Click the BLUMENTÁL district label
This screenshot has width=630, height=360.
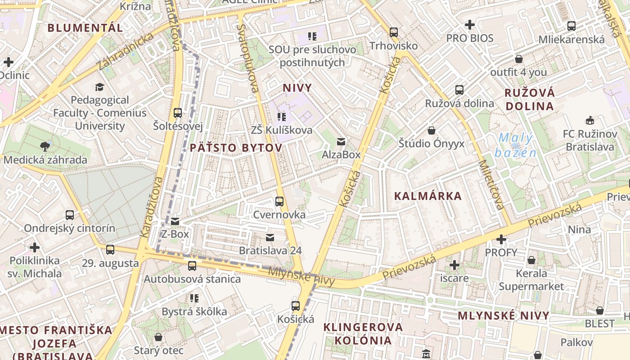[x=85, y=28]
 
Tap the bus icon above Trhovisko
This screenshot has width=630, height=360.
[x=394, y=32]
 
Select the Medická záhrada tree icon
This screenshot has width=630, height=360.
[x=45, y=146]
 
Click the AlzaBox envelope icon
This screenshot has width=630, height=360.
[x=341, y=142]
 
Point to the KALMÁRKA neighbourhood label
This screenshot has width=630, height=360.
[x=428, y=196]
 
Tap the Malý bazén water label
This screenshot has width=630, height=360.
[x=516, y=145]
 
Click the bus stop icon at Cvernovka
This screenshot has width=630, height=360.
[x=279, y=202]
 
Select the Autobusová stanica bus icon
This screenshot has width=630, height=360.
[x=192, y=266]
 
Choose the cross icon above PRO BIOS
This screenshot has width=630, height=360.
[x=470, y=24]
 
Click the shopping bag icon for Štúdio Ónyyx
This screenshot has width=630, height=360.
[x=432, y=130]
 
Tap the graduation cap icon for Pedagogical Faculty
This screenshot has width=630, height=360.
[x=99, y=87]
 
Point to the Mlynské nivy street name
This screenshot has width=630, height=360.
[x=301, y=276]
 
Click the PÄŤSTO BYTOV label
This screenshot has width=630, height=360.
[x=236, y=148]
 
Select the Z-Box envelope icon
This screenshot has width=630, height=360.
[x=175, y=221]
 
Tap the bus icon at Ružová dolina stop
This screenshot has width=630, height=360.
[x=459, y=90]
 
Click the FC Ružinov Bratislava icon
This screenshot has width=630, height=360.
[x=589, y=121]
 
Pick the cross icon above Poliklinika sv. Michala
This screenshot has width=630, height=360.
[x=35, y=247]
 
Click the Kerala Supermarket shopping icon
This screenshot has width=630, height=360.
[x=531, y=260]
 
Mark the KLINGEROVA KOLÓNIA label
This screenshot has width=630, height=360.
[x=363, y=333]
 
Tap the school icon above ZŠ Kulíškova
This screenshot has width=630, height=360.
[x=282, y=117]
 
